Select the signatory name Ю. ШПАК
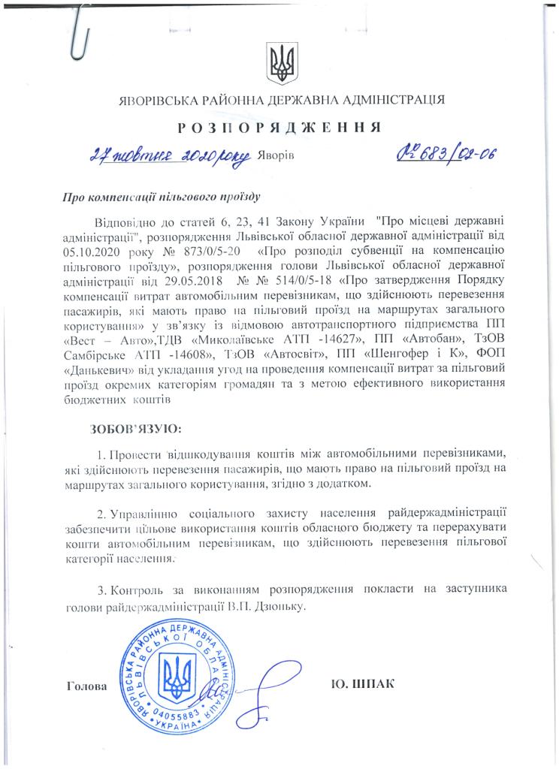tap(362, 684)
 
